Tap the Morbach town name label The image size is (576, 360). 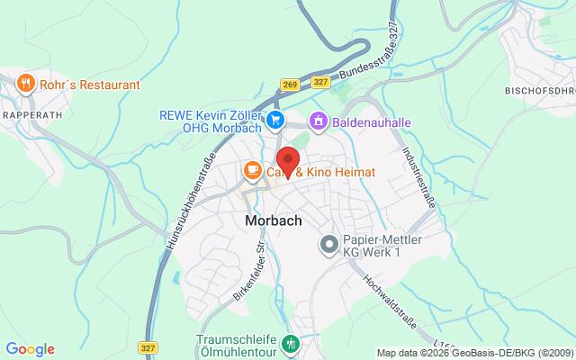pyautogui.click(x=273, y=220)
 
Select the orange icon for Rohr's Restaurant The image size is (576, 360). pyautogui.click(x=25, y=85)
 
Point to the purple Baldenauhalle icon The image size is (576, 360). pyautogui.click(x=317, y=120)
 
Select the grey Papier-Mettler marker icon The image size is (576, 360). pyautogui.click(x=329, y=244)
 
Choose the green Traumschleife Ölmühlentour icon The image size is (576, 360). pyautogui.click(x=290, y=343)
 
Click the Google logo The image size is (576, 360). pyautogui.click(x=30, y=349)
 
